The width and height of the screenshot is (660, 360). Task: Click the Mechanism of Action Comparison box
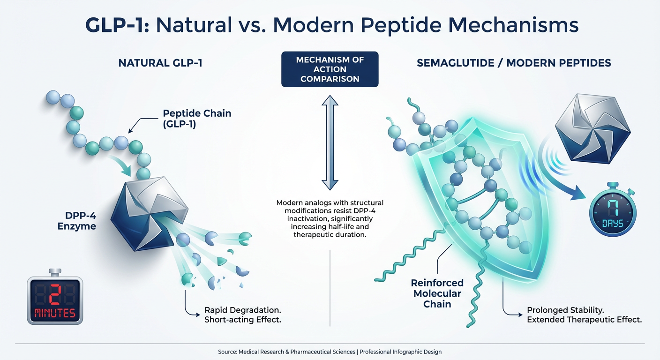(x=330, y=69)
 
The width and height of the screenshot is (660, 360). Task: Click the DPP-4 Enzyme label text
(x=77, y=220)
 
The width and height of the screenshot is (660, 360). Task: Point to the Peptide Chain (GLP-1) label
(x=197, y=118)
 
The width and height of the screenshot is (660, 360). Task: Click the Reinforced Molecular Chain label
(x=437, y=293)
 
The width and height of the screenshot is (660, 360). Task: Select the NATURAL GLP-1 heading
(x=160, y=62)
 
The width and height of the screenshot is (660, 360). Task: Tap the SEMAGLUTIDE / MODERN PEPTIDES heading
(x=514, y=62)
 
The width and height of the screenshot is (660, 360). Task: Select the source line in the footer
(x=330, y=352)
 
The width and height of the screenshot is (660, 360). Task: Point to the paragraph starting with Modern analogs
(x=330, y=218)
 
